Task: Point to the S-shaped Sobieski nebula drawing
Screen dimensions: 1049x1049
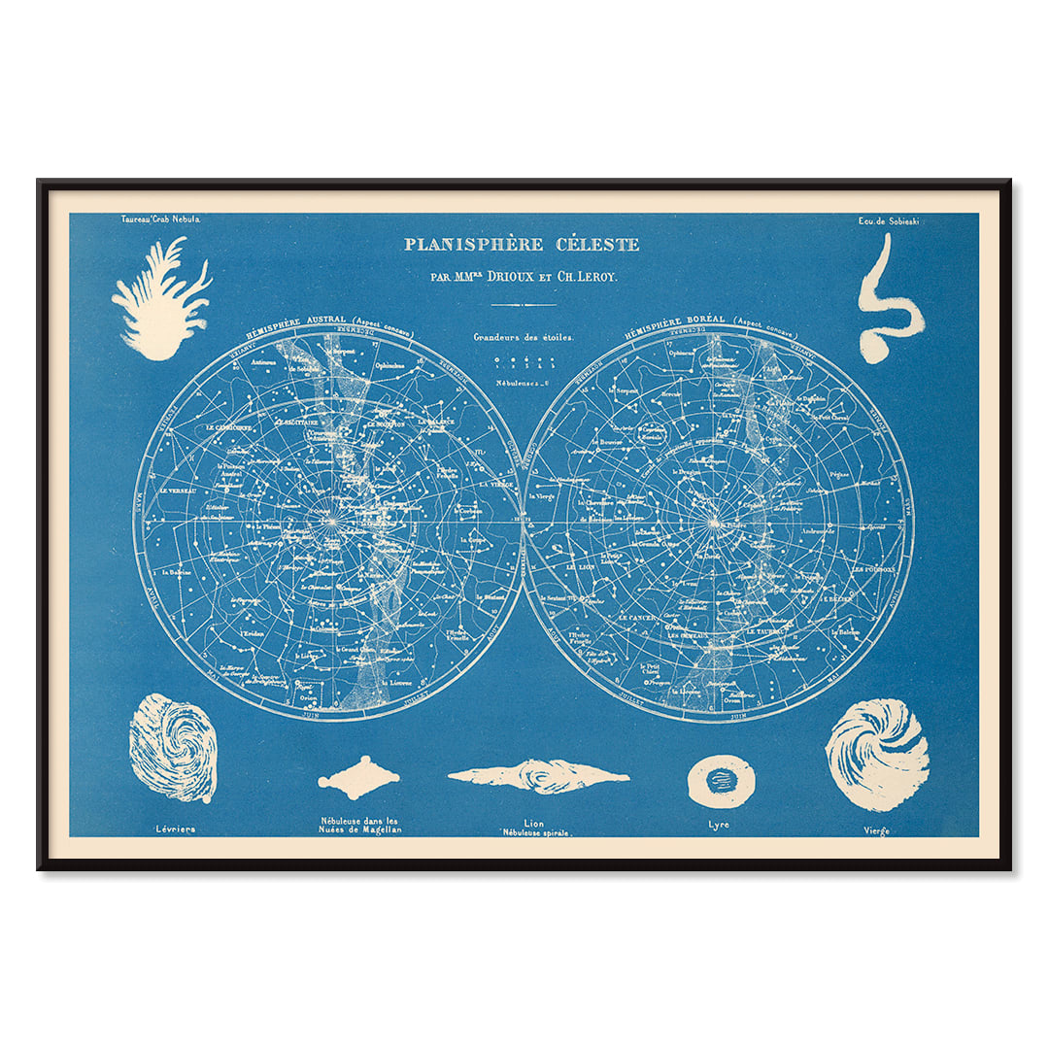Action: [x=887, y=301]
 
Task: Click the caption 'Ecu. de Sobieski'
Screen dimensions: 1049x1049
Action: [x=888, y=220]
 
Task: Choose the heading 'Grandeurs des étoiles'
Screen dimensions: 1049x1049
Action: [x=524, y=337]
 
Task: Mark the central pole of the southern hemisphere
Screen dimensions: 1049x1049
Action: [x=328, y=523]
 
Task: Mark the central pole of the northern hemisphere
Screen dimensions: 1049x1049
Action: [x=717, y=523]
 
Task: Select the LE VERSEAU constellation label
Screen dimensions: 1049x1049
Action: [x=176, y=491]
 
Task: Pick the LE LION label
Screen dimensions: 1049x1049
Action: [x=584, y=564]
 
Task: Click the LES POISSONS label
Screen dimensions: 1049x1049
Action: [x=874, y=568]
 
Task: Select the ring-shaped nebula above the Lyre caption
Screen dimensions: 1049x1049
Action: [x=721, y=781]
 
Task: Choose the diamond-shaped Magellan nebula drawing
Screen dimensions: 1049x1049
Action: [x=358, y=777]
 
